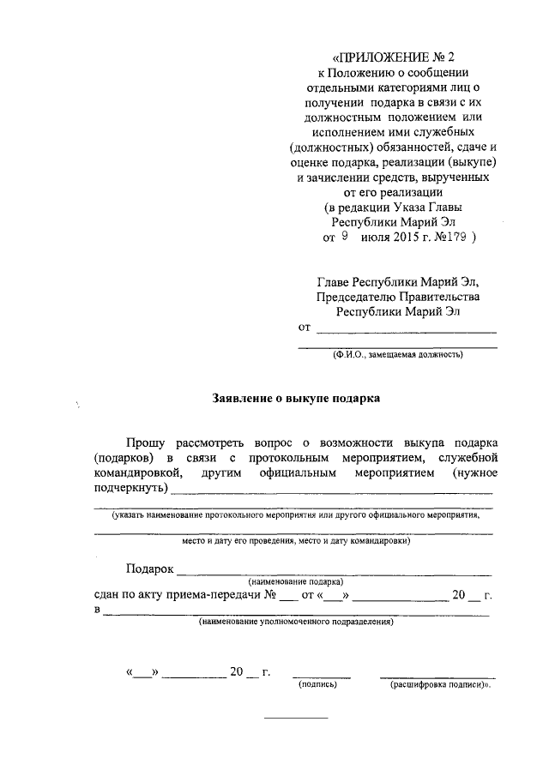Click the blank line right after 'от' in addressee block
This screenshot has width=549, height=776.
tap(406, 329)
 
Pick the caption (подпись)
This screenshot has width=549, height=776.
tap(317, 686)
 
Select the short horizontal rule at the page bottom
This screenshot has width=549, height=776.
tap(295, 717)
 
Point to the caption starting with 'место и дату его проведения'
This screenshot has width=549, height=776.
tap(293, 542)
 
